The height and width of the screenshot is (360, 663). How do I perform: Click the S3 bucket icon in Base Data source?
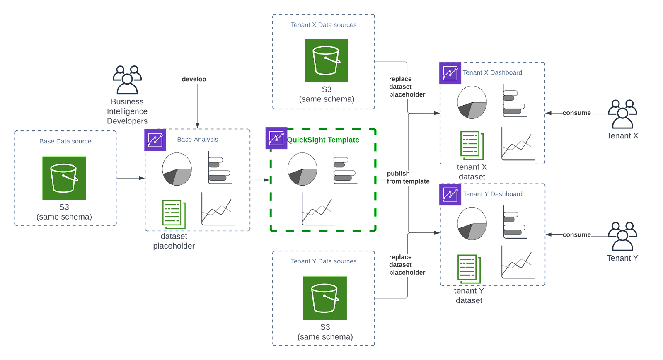(x=64, y=178)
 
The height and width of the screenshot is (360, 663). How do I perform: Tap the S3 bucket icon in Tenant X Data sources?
(x=326, y=60)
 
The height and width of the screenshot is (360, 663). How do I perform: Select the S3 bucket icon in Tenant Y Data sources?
(x=325, y=298)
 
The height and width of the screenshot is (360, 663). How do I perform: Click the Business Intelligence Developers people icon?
(x=127, y=80)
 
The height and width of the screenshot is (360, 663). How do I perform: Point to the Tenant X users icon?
(x=622, y=114)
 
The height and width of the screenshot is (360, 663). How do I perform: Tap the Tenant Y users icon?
(x=622, y=236)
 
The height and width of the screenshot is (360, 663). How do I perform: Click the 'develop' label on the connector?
(x=194, y=79)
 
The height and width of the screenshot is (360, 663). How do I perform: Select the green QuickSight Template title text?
(x=323, y=140)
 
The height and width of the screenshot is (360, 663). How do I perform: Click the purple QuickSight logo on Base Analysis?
(x=155, y=140)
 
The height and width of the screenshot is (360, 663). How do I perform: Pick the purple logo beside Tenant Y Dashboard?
(x=450, y=194)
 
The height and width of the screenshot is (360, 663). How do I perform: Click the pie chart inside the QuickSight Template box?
(x=302, y=169)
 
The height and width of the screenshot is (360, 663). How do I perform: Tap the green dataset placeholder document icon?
(x=173, y=215)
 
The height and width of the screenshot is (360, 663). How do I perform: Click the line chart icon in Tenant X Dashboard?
(x=517, y=145)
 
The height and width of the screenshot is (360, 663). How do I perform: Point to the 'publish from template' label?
(x=408, y=177)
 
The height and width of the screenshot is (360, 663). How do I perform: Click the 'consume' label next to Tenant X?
(x=576, y=113)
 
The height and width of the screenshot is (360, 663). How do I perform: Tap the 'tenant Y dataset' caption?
(x=469, y=295)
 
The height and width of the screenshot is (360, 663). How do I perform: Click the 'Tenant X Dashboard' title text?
(x=492, y=72)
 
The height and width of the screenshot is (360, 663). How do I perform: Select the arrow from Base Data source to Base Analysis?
(x=131, y=178)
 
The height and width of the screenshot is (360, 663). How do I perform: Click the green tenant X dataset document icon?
(x=472, y=145)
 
